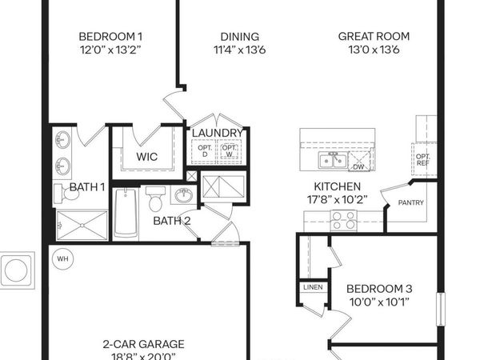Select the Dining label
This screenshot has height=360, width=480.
tap(240, 36)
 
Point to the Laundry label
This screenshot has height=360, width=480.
tap(217, 133)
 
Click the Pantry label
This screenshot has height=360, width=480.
tap(410, 204)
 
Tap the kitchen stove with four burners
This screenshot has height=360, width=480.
tap(343, 220)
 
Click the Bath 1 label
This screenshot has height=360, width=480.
tap(86, 187)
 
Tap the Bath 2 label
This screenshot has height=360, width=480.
tap(171, 220)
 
